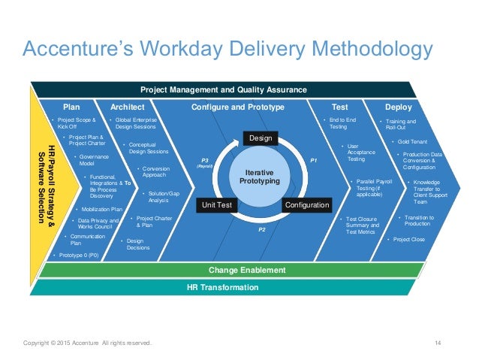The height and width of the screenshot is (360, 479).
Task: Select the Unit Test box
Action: pos(218,204)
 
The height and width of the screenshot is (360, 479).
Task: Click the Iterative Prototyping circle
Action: pos(261,177)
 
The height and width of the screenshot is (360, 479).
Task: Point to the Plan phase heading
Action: pos(71,107)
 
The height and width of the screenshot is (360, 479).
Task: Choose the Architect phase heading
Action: pos(127,107)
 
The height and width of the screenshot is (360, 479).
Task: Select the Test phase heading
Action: pos(339,107)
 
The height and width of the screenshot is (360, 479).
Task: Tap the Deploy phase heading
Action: pos(398,107)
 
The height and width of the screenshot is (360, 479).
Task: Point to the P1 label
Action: pos(314,161)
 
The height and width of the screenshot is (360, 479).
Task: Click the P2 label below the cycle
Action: pos(261,229)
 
